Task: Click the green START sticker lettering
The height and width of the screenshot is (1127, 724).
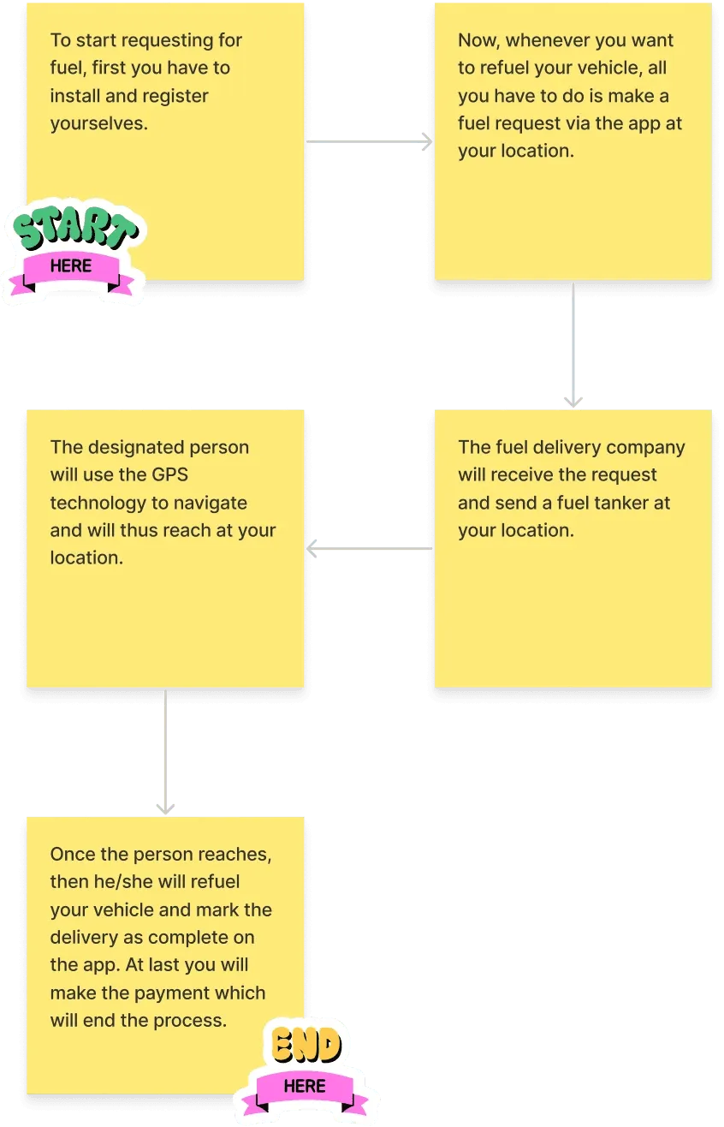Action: coord(75,228)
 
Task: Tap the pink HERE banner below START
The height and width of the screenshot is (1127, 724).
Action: coord(71,272)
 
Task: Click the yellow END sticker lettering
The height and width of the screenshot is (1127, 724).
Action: coord(306,1044)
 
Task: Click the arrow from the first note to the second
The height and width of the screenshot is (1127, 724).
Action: coord(369,141)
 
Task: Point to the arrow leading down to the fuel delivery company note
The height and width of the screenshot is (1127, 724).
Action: coord(573,344)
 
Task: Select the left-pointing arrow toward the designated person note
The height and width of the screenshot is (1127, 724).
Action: coord(369,548)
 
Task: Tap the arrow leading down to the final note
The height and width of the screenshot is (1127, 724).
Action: coord(165,752)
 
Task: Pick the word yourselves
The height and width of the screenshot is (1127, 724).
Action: coord(99,124)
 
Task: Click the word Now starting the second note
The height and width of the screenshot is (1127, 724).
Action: coord(478,41)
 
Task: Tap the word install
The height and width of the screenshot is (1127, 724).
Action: coord(75,96)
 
